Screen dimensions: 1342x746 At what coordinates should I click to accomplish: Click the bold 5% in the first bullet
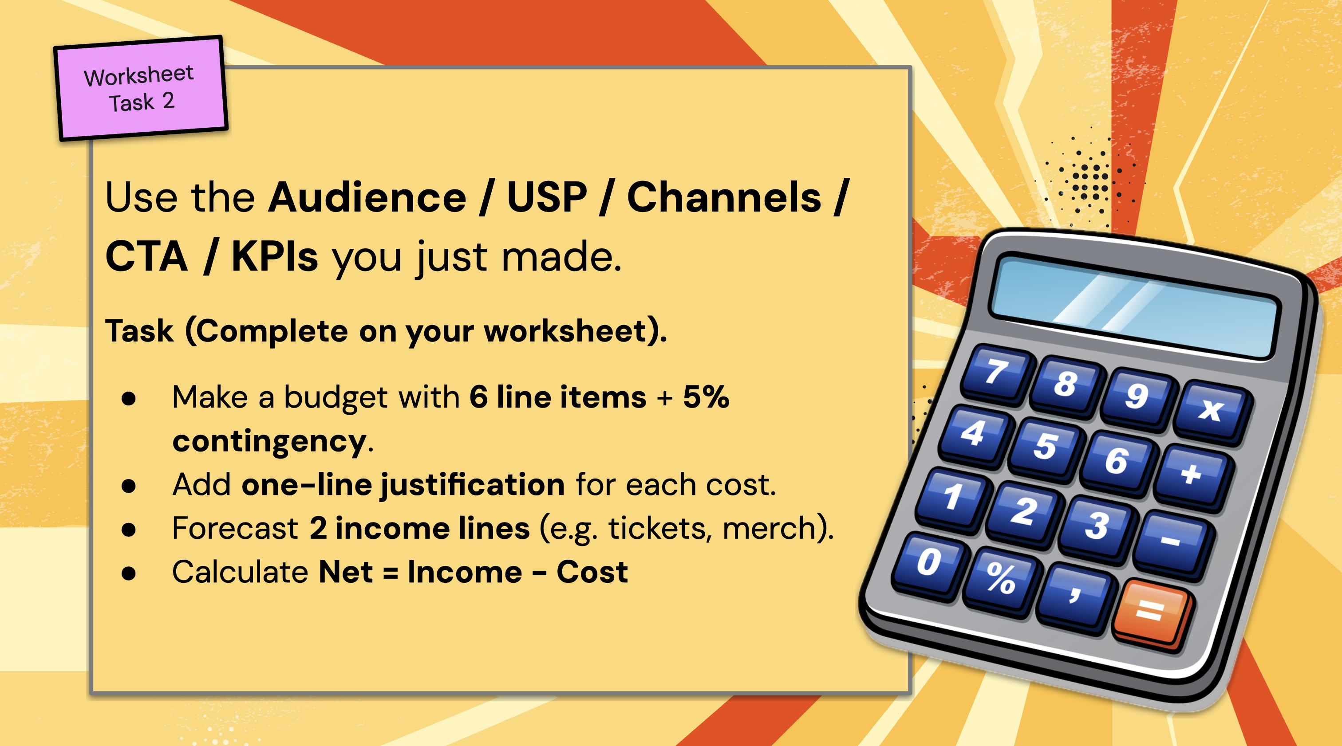pyautogui.click(x=706, y=397)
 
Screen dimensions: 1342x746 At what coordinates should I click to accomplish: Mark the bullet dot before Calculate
pyautogui.click(x=128, y=573)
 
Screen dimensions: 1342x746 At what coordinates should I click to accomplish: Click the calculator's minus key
pyautogui.click(x=1172, y=542)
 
